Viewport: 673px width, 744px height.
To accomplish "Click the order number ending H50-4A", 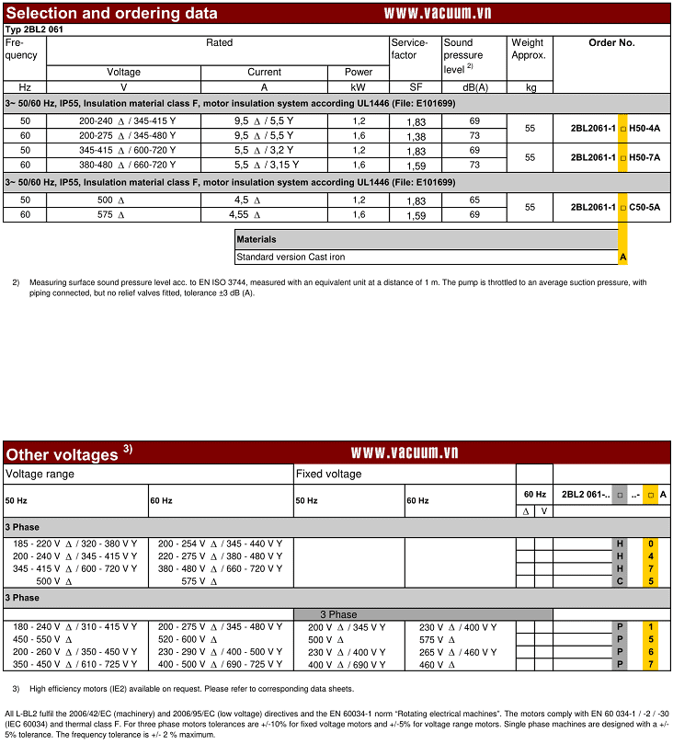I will (615, 128).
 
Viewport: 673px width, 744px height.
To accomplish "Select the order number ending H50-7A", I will (615, 157).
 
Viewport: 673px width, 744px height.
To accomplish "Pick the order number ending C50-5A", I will (615, 207).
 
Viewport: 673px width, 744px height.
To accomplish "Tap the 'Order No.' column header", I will (611, 43).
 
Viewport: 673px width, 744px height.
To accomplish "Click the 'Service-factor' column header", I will (409, 49).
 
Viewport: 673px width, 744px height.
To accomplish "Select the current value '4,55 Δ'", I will (245, 214).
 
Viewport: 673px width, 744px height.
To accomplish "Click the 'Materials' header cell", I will (257, 239).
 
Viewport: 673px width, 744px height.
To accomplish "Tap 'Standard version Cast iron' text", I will (291, 257).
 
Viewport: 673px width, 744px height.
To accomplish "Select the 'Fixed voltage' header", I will (328, 474).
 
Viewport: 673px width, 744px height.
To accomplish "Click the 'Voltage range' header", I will (40, 474).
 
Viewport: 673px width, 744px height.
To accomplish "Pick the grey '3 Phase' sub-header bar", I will (423, 613).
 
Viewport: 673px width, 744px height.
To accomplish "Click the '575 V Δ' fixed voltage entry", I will (431, 639).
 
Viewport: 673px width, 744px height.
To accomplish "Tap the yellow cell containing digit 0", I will (651, 544).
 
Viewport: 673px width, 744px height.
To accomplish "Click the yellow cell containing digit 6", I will (651, 651).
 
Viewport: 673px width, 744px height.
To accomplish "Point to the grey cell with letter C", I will (621, 580).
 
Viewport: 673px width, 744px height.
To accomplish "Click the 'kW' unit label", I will (359, 87).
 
